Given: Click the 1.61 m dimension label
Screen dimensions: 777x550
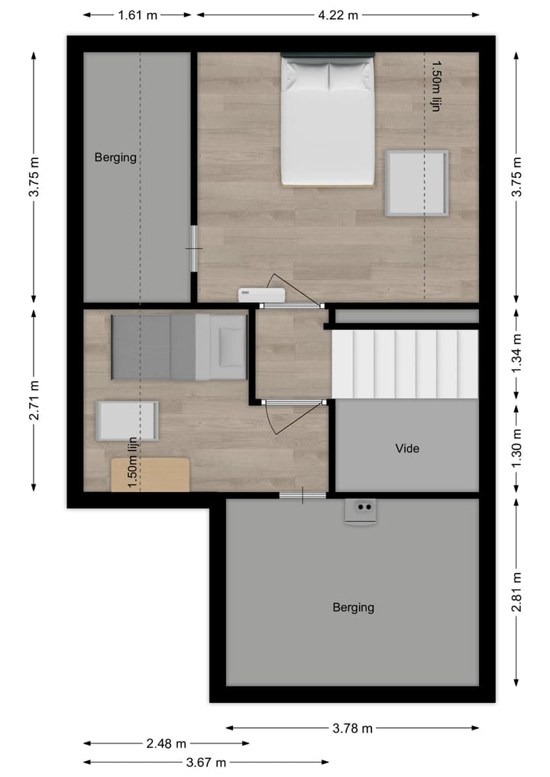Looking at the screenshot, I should coord(137,15).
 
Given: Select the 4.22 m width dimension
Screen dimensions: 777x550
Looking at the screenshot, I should coord(338,15).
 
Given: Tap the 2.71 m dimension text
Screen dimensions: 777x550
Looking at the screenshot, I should coord(34,400).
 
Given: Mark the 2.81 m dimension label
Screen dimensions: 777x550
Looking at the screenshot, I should coord(517,591).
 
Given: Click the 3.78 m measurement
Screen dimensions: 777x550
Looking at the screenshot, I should coord(353,728).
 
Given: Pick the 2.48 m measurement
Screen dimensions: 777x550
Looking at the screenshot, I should coord(166,743).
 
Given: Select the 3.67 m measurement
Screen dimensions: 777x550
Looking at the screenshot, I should coord(206,762).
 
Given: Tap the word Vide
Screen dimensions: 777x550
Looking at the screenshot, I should coord(407,448).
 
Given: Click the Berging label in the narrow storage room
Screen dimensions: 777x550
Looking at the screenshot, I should coord(115,158).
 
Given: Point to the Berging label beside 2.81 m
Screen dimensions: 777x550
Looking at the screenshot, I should coord(353,607).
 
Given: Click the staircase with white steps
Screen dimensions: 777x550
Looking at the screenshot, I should coord(405,364).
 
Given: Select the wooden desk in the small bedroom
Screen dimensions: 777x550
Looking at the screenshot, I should coord(150,474).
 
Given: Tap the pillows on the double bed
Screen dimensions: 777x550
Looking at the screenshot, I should coord(328,76).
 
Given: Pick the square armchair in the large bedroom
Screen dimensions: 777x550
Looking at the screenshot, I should coord(416,183).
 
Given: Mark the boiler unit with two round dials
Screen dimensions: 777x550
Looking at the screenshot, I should coord(361,510).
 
